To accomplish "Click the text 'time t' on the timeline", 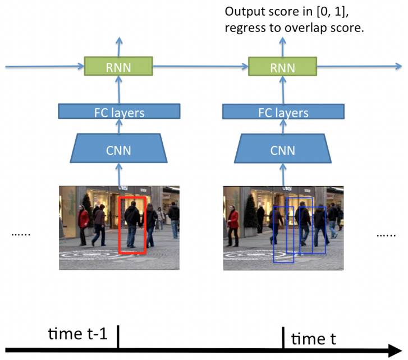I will click(x=317, y=338).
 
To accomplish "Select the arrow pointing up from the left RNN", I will click(x=118, y=45).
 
